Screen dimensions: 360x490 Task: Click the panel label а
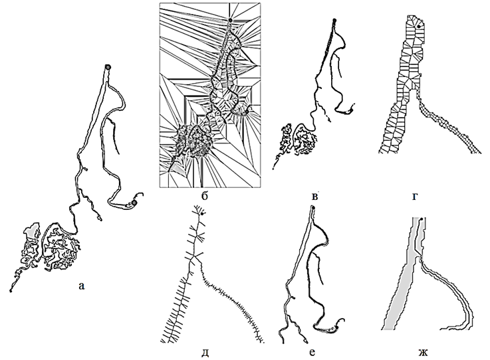coord(81,286)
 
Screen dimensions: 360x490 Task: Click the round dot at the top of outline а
coord(108,66)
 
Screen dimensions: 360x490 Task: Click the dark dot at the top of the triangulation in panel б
coord(229,21)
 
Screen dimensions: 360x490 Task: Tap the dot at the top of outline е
coord(312,211)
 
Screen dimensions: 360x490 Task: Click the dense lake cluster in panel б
coord(192,142)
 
